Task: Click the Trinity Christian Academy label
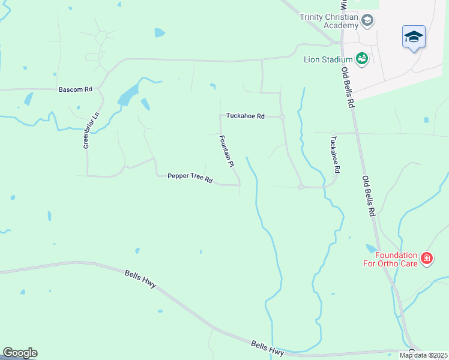click(328, 20)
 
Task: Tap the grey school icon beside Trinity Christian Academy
click(368, 21)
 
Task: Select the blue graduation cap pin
click(414, 37)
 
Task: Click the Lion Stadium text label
click(327, 58)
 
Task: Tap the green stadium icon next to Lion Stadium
click(361, 58)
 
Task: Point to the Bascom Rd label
click(75, 89)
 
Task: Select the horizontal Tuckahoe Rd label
click(245, 116)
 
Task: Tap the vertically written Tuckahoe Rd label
click(335, 154)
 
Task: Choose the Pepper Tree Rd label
click(190, 178)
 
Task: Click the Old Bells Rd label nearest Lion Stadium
click(348, 87)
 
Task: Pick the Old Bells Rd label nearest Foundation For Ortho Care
click(368, 196)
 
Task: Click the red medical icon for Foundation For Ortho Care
click(427, 259)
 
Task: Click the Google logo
click(20, 353)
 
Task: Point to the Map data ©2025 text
click(423, 355)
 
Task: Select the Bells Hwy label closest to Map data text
click(267, 348)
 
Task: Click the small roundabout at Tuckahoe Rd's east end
click(282, 116)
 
